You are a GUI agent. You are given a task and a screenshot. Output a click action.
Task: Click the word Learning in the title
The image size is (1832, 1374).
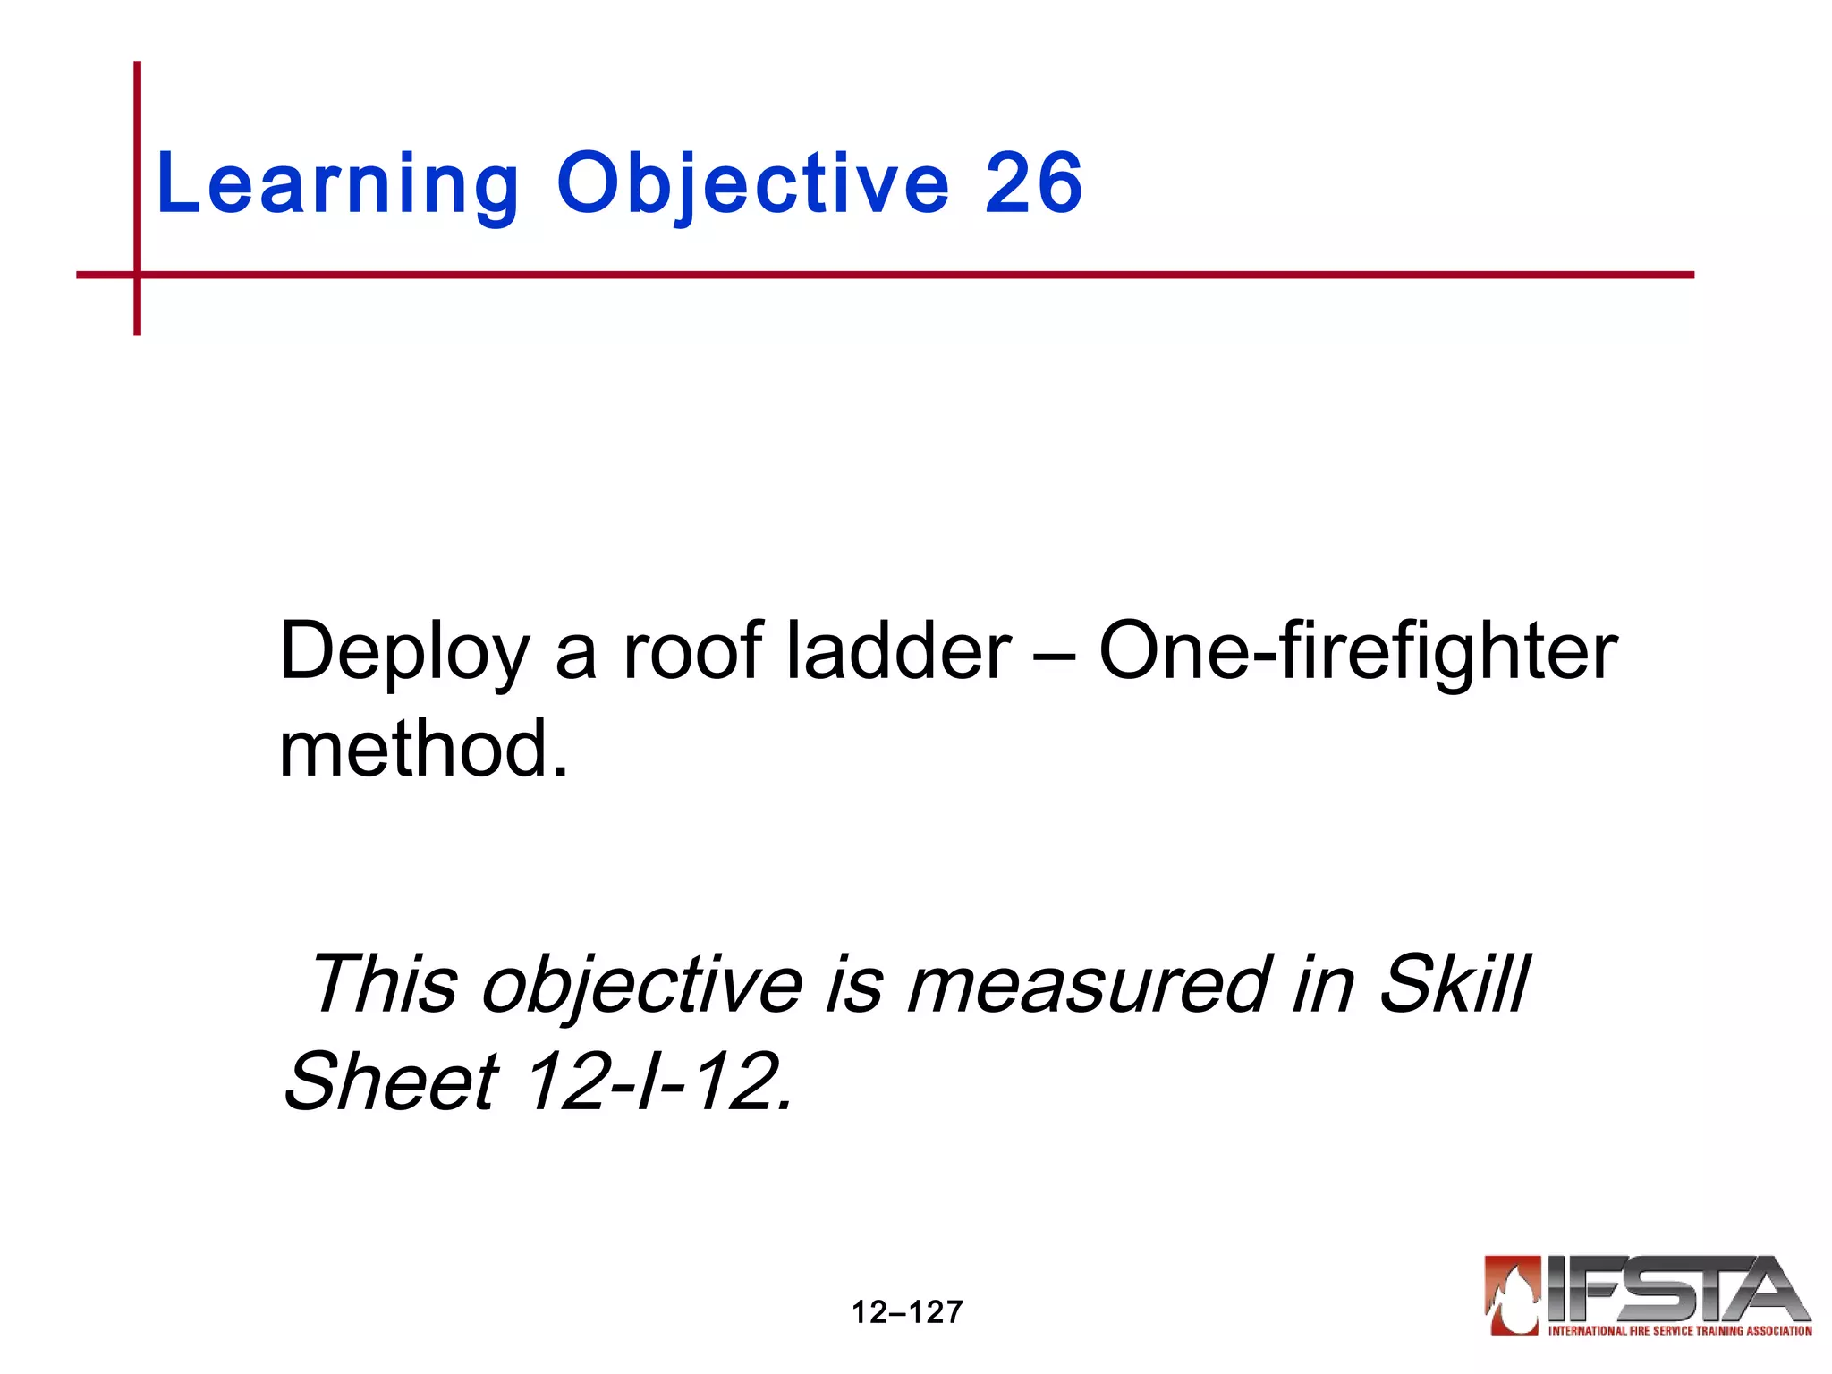[336, 184]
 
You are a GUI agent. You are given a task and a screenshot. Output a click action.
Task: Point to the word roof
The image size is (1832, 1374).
[692, 650]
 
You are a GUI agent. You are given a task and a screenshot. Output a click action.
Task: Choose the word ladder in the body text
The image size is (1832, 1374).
[899, 650]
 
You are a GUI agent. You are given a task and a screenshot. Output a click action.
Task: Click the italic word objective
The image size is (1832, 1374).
[642, 987]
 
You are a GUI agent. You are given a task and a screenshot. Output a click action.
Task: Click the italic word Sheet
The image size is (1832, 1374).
[391, 1082]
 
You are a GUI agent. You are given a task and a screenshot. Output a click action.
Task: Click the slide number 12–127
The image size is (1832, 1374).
[906, 1312]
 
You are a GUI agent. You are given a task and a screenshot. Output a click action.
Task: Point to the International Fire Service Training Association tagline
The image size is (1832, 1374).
[1679, 1331]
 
